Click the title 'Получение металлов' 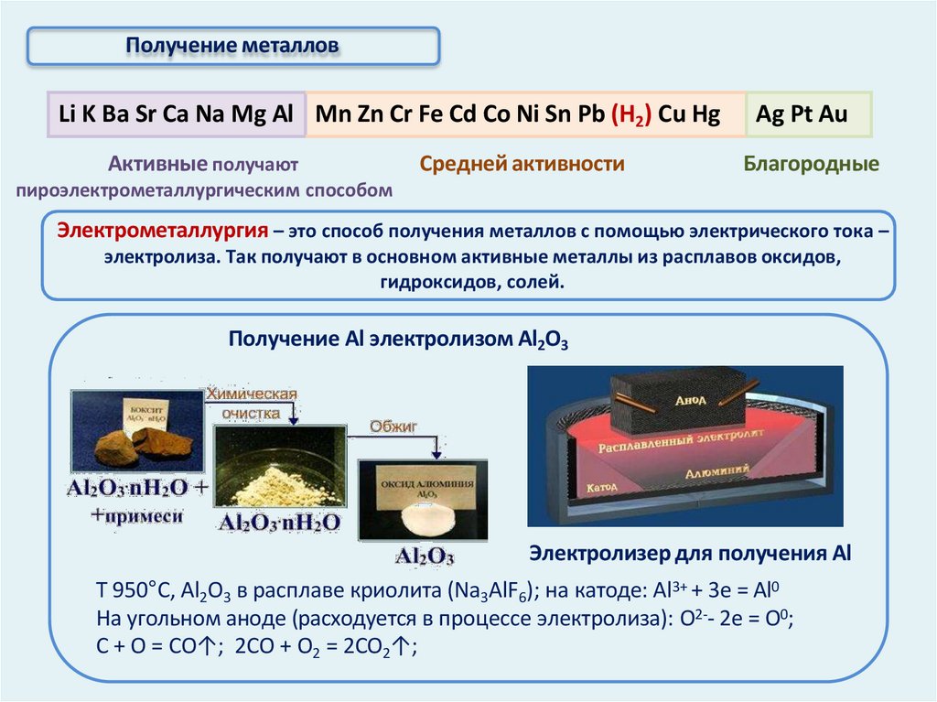232,45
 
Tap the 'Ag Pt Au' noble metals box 802,115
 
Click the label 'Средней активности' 522,165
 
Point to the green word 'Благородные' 811,165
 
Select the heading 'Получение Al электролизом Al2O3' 399,340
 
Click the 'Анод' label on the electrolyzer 691,400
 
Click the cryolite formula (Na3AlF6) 500,588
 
